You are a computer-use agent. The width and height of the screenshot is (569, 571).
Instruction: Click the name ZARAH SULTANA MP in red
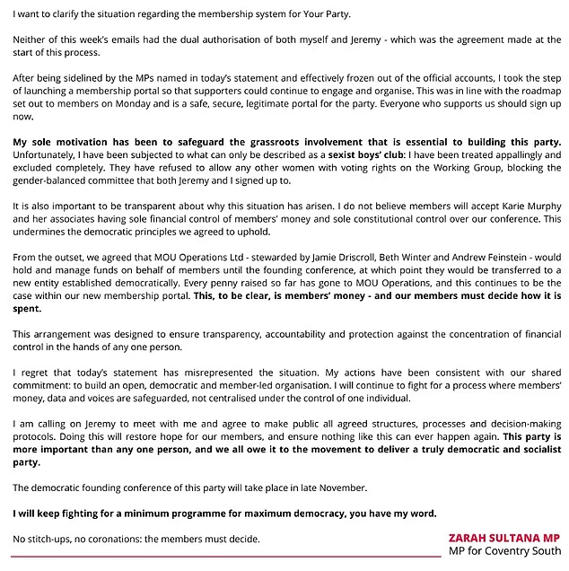click(505, 538)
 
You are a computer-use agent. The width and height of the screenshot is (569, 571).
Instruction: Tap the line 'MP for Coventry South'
click(505, 550)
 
